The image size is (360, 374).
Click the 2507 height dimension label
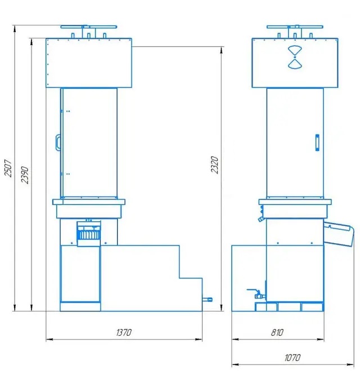[8, 168]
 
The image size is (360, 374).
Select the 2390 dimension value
[25, 175]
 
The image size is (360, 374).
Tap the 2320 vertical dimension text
[214, 165]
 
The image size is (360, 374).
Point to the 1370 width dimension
[124, 332]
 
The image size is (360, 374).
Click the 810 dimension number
[277, 332]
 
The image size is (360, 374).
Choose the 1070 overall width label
[292, 358]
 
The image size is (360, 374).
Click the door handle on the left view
[58, 143]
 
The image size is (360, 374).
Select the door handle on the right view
[317, 143]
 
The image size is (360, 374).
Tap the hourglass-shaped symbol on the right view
[295, 57]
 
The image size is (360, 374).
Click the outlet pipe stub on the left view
[207, 299]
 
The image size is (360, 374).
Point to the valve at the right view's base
[257, 294]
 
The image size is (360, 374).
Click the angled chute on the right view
[339, 234]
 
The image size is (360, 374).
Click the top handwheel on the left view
[89, 27]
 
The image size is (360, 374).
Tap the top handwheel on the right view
[295, 27]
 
